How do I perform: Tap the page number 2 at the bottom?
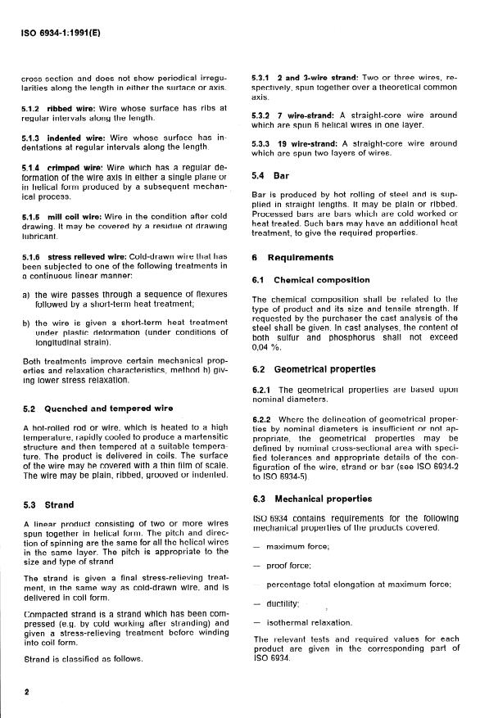click(x=27, y=691)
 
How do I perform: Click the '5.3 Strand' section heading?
click(x=50, y=504)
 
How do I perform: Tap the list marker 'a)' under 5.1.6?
click(x=26, y=294)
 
